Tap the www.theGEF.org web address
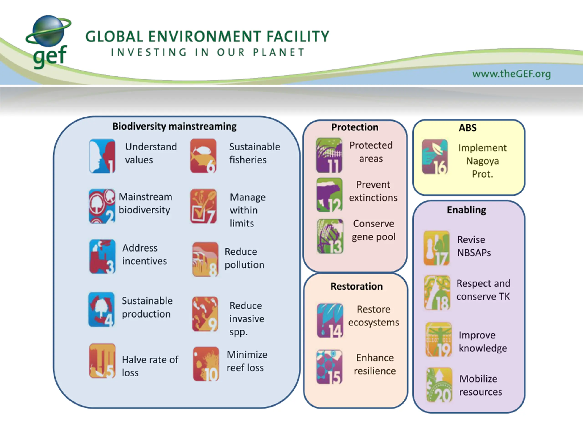511,74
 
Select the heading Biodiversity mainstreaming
174,127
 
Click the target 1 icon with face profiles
102,156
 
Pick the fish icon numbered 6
203,156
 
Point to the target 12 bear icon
330,195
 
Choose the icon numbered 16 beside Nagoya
435,157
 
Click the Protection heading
355,127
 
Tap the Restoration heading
357,286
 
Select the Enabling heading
466,210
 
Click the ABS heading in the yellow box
468,128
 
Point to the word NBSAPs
474,253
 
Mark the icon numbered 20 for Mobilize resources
439,385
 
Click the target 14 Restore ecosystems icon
330,320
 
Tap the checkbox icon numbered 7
203,206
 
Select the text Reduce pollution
244,258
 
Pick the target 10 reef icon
206,364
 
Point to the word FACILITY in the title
298,36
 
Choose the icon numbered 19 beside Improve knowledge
439,340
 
